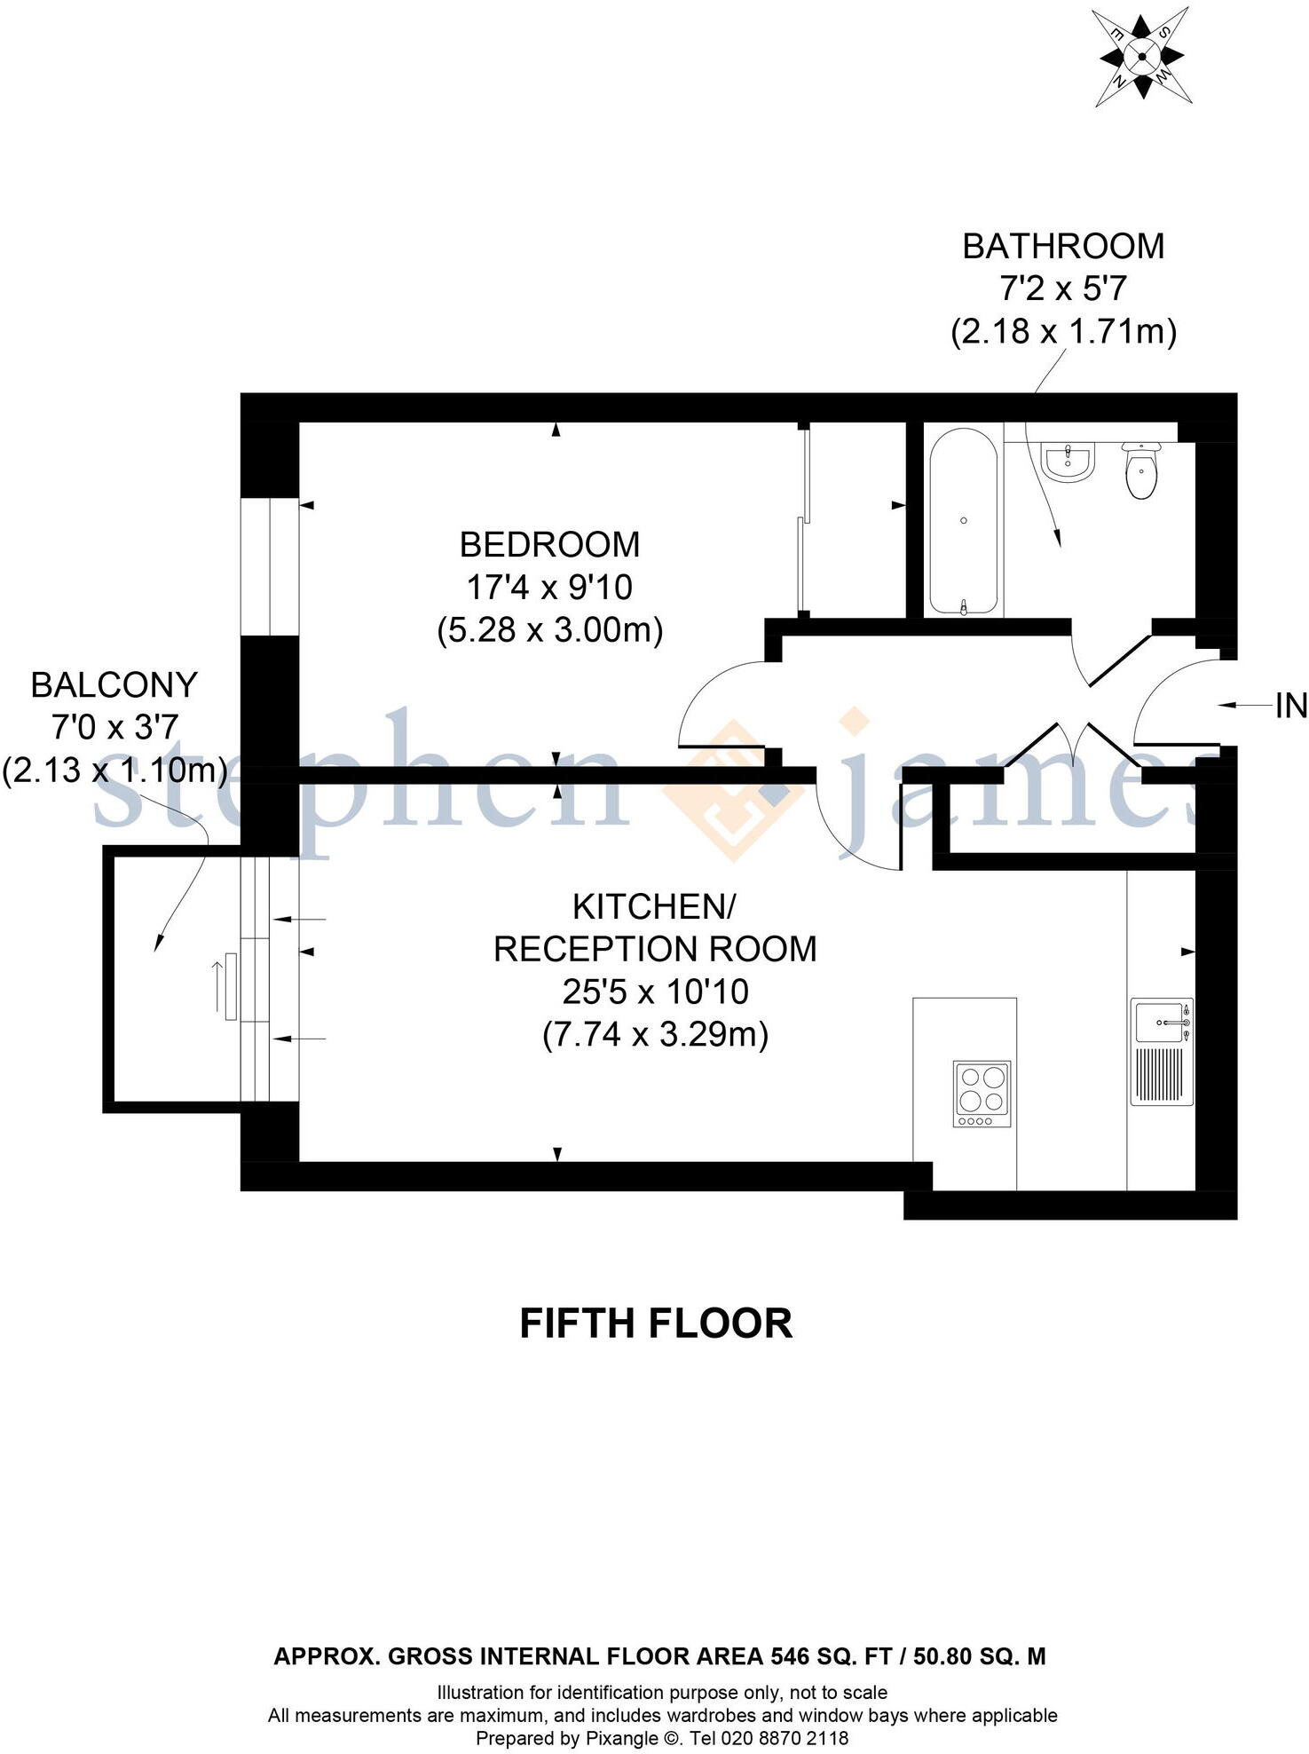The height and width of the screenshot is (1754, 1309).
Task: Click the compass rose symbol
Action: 1141,57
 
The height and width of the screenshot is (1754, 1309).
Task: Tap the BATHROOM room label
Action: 1063,247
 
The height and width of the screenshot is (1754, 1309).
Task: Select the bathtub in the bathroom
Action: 964,522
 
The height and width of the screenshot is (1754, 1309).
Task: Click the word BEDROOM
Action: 549,545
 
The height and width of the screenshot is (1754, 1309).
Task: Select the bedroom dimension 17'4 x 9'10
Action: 549,588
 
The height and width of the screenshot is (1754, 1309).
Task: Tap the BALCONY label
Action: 114,685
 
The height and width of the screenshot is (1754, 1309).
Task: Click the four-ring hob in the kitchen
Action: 982,1094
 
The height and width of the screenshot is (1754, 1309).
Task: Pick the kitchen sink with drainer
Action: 1162,1052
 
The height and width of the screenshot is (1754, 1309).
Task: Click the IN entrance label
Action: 1291,707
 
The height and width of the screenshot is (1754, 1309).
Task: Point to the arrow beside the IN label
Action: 1242,706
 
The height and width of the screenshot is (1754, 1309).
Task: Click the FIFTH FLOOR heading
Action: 655,1323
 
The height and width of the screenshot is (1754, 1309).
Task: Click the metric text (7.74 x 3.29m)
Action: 655,1035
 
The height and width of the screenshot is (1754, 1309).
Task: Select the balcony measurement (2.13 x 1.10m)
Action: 114,770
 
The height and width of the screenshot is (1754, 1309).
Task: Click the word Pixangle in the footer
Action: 620,1738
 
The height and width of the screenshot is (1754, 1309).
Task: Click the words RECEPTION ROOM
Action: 655,950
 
